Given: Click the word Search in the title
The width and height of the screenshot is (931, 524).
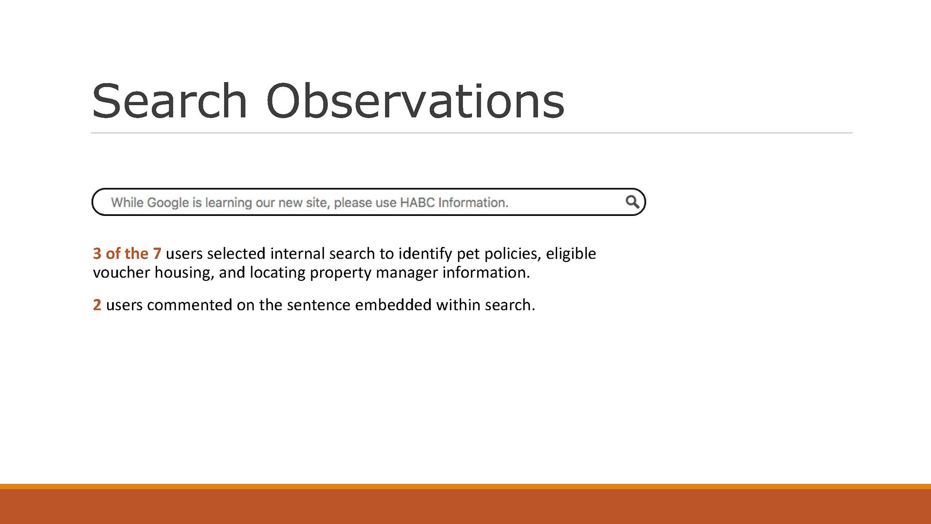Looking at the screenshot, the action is tap(170, 100).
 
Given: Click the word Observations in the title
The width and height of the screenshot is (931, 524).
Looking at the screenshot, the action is tap(416, 100).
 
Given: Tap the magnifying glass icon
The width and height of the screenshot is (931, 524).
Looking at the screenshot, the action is tap(632, 202).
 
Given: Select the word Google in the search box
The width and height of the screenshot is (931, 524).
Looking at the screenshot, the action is tap(168, 203).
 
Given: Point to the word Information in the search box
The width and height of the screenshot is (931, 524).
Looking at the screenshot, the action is tap(473, 202).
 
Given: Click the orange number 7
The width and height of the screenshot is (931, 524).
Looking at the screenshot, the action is tap(157, 253).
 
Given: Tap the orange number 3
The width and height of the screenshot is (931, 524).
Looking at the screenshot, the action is tap(97, 253).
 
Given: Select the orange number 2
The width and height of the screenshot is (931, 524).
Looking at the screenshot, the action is tap(97, 305).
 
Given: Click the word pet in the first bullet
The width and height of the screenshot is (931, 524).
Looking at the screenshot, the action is tap(468, 254).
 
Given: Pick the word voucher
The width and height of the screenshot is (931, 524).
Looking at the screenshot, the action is tap(121, 273).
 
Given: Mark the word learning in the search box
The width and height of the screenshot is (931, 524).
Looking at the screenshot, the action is tap(228, 203).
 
